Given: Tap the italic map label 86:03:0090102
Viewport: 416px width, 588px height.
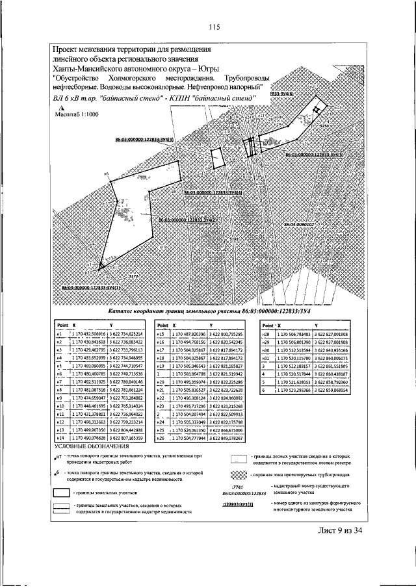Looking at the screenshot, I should [299, 224].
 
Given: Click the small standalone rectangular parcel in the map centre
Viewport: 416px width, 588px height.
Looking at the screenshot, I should [218, 158].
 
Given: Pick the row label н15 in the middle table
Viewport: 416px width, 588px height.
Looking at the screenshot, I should [161, 333].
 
